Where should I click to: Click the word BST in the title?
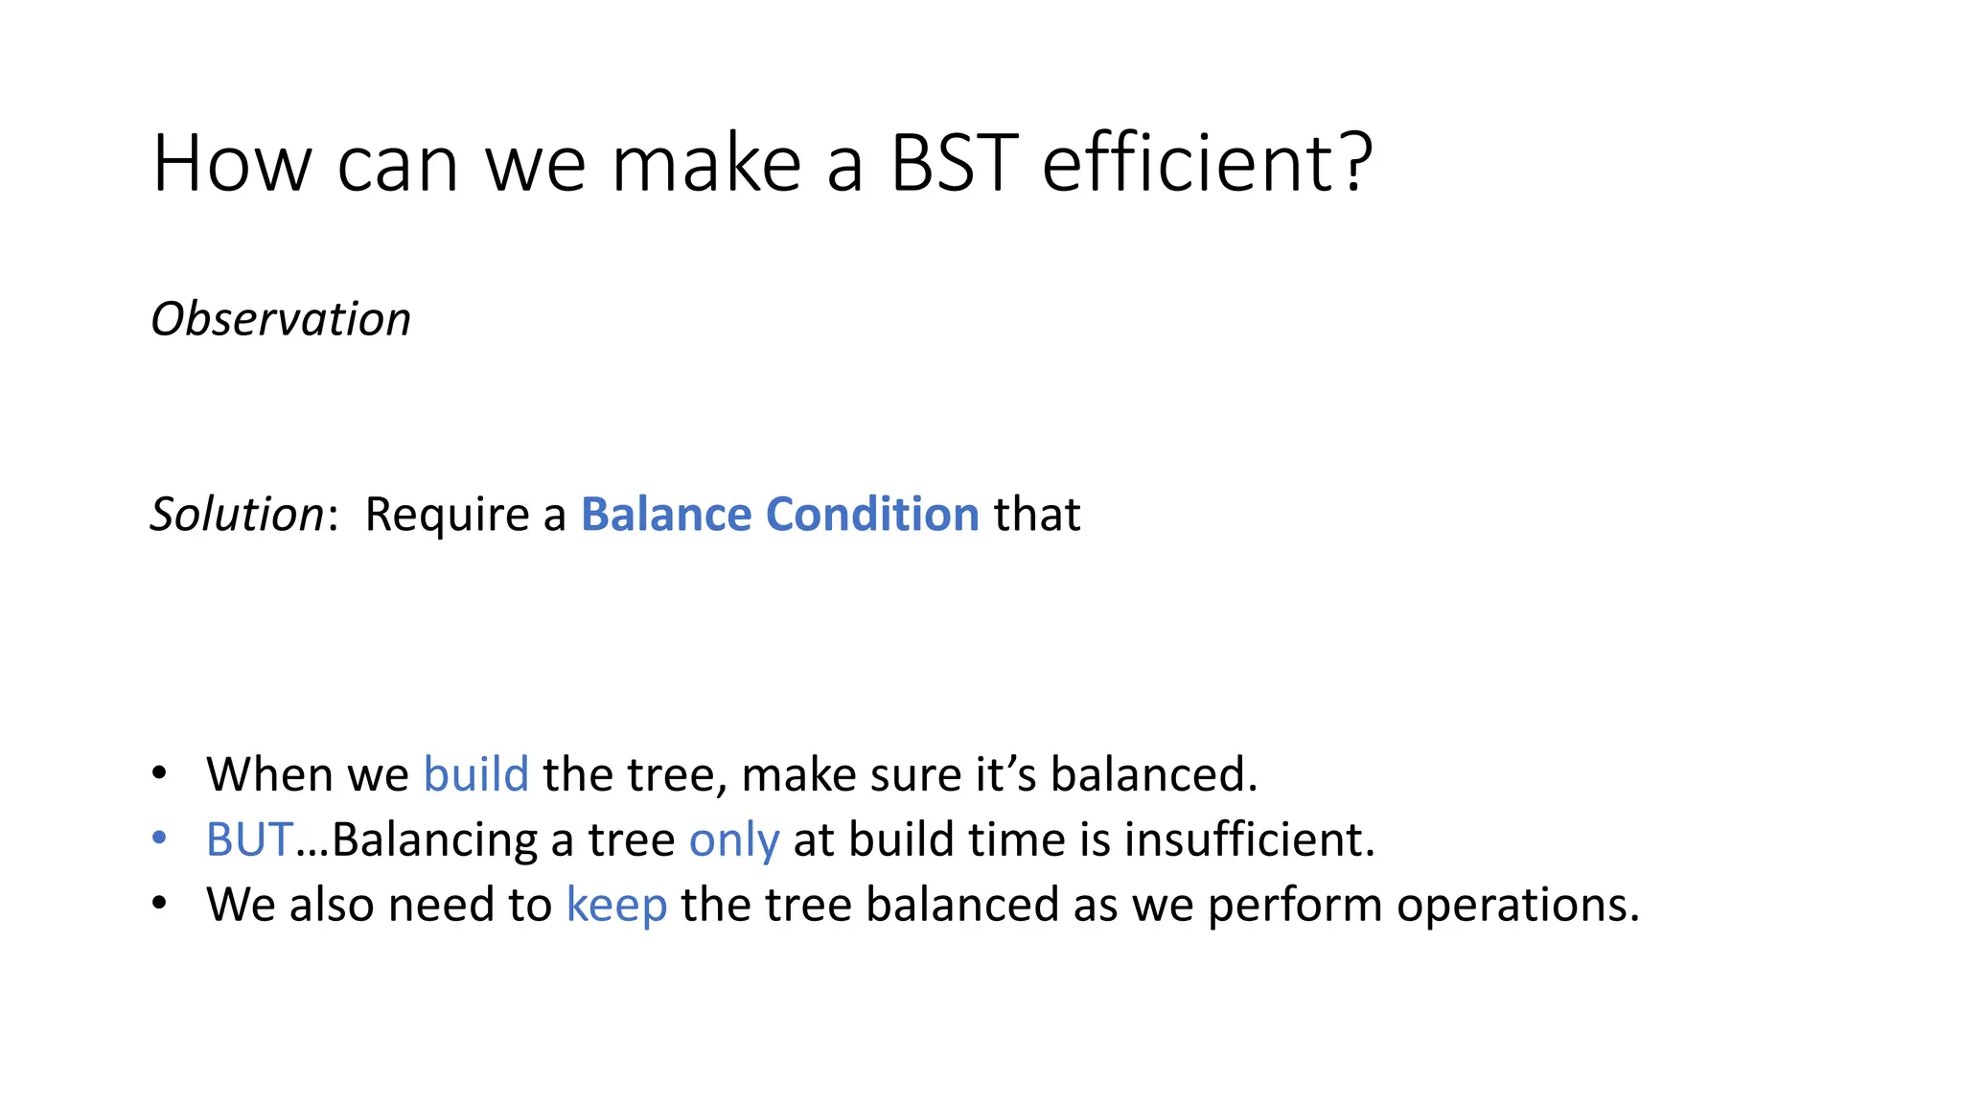(954, 163)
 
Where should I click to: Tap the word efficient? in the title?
(1208, 163)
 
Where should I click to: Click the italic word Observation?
(281, 319)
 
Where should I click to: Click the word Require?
(448, 515)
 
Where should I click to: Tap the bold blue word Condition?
(872, 515)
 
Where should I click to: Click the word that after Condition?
(1037, 515)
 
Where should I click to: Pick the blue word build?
(476, 774)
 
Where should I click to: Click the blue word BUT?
(249, 839)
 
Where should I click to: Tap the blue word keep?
(616, 906)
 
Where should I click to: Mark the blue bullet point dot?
(159, 839)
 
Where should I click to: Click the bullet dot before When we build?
(159, 773)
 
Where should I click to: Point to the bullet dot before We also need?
(159, 904)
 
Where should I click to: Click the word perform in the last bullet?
(1295, 906)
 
